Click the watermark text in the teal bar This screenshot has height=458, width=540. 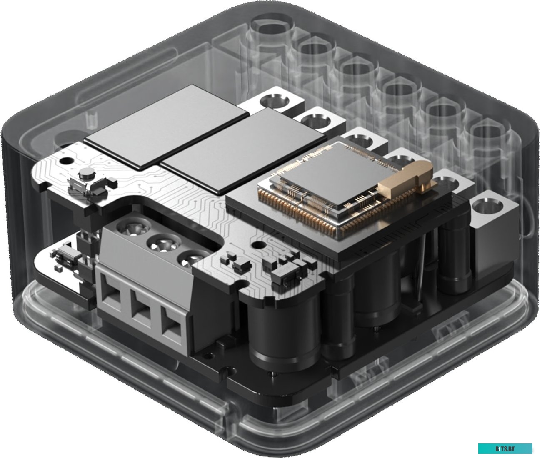[505, 448]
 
